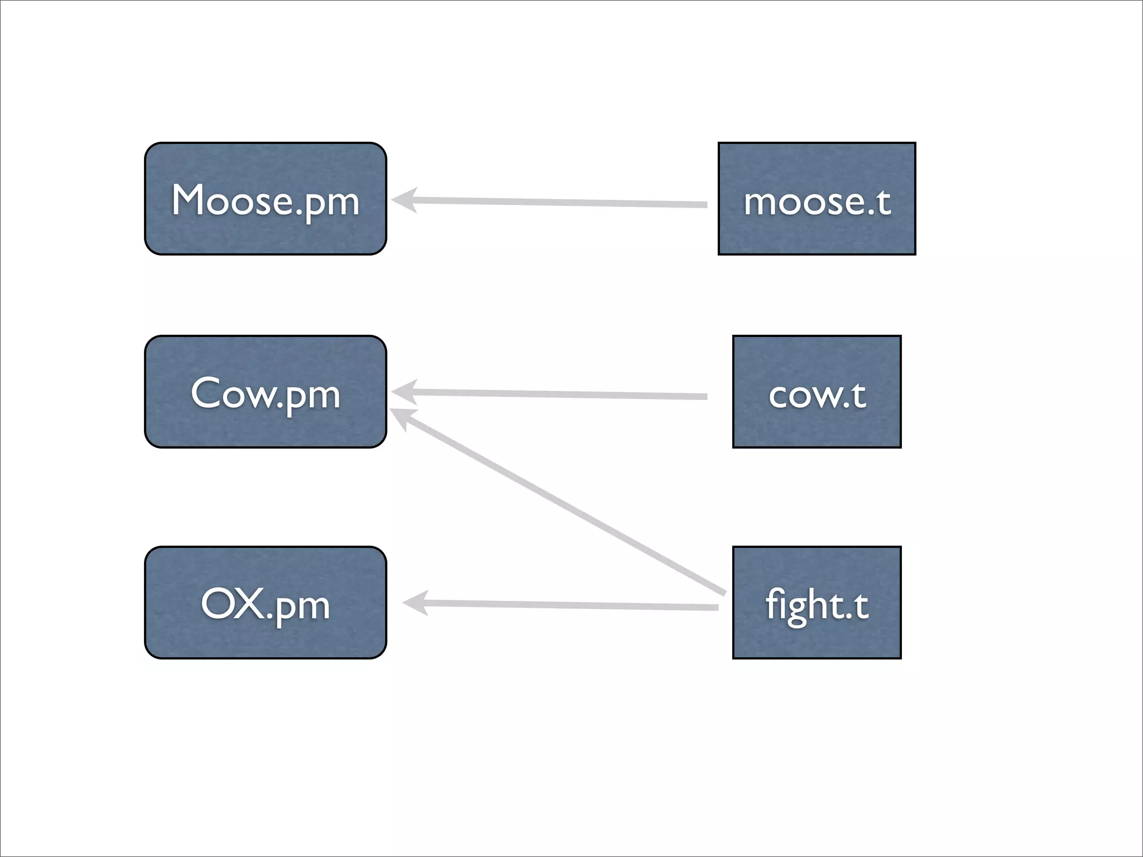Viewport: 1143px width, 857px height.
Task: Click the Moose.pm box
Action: point(266,199)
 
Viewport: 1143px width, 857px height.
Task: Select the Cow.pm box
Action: point(266,392)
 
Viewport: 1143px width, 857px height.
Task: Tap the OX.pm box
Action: point(266,603)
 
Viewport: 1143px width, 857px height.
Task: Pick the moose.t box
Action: point(817,199)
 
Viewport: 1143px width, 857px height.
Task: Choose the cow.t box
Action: point(817,392)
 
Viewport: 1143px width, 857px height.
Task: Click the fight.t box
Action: point(817,603)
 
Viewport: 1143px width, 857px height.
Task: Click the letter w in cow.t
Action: point(830,396)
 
